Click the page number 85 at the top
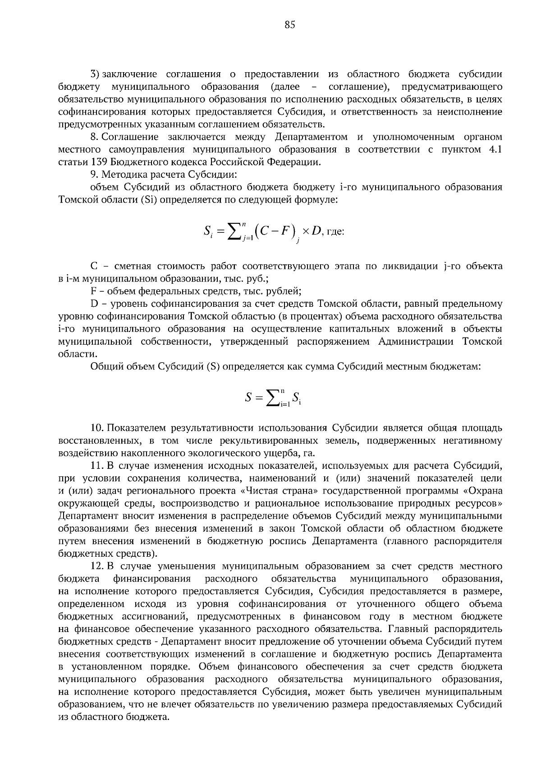coord(290,25)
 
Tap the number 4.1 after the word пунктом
coord(495,149)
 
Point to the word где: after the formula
coord(335,232)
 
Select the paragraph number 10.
coord(97,428)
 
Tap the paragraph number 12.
coord(97,566)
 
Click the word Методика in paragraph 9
coord(119,174)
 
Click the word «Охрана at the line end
coord(483,490)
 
